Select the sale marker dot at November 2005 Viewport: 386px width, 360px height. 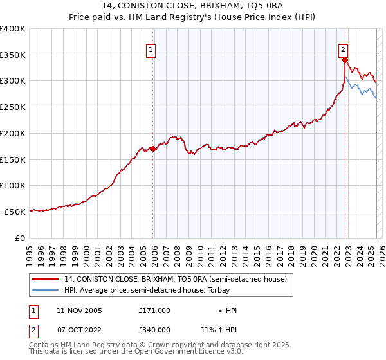click(x=153, y=148)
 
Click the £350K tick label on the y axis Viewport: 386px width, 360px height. click(x=13, y=55)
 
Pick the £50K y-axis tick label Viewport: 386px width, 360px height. click(x=15, y=212)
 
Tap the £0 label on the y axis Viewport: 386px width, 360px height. click(x=20, y=238)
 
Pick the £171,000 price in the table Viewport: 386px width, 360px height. click(x=154, y=310)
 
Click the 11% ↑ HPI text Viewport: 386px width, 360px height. click(x=219, y=329)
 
